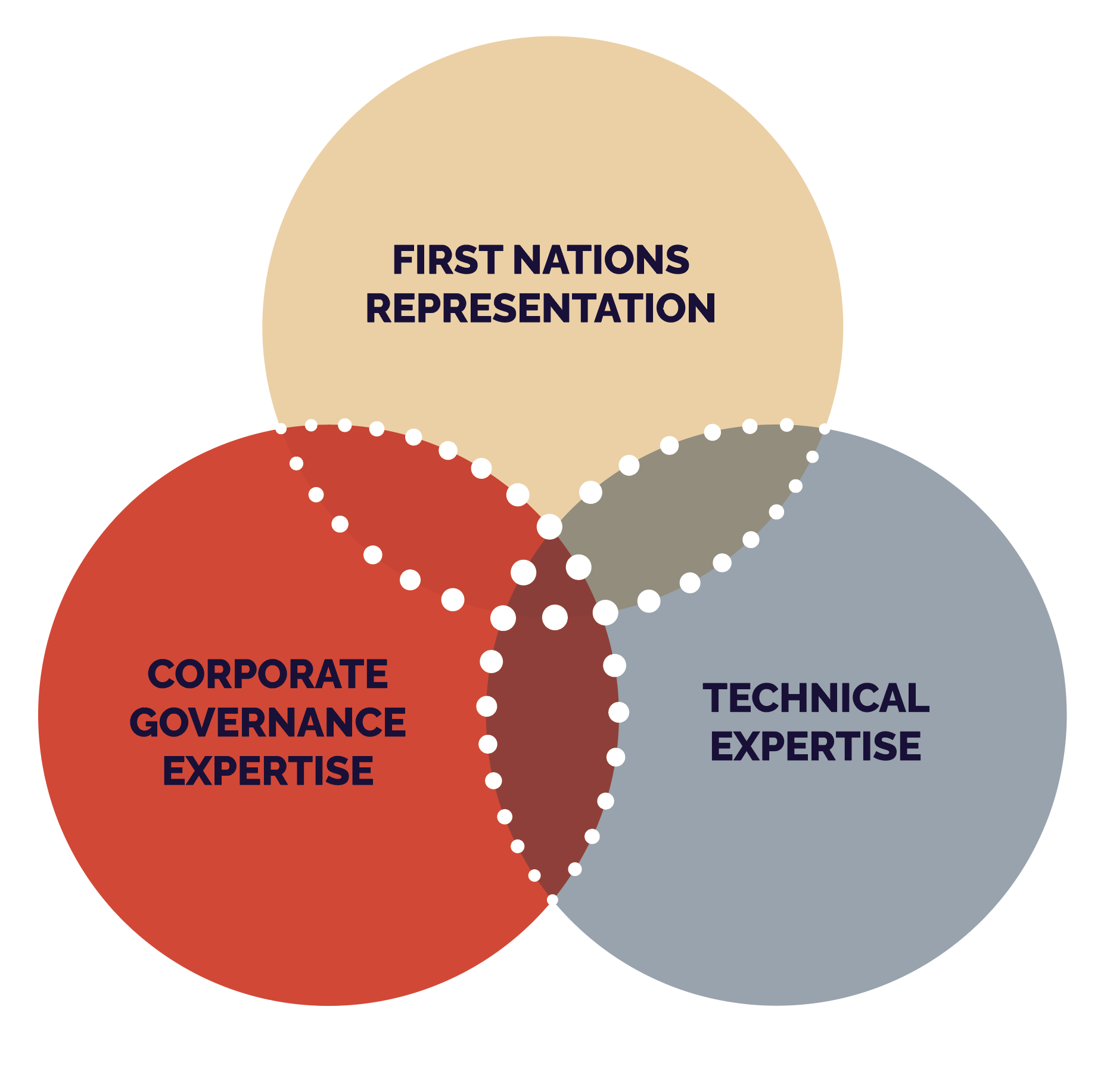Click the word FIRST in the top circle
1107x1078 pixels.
tap(447, 260)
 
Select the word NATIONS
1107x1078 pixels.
tap(601, 260)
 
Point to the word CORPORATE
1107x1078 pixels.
tap(268, 674)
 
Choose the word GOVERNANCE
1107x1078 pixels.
tap(268, 722)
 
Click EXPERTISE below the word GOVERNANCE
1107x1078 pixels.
tap(268, 770)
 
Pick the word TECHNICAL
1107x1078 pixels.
tap(816, 698)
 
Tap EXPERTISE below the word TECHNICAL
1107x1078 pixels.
tap(816, 746)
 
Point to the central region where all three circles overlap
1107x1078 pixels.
tap(553, 578)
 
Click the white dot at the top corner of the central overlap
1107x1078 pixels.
tap(549, 527)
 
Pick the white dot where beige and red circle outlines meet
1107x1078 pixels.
tap(281, 429)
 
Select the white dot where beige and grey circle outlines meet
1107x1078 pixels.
tap(825, 429)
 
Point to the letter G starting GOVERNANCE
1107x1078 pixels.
tap(144, 722)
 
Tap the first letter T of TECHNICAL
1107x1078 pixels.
tap(716, 698)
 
